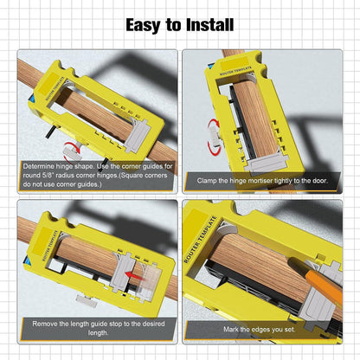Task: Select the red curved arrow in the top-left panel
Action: pos(67,132)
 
